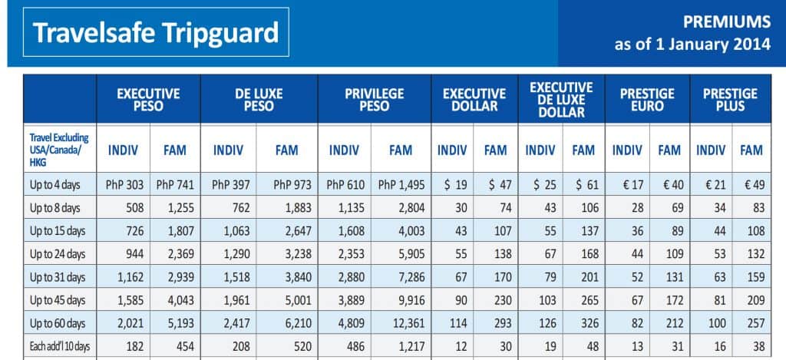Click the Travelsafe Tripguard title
(156, 34)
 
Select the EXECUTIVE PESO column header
(148, 100)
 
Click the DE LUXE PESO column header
(259, 100)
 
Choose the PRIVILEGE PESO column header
(374, 100)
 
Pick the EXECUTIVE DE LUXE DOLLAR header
(562, 100)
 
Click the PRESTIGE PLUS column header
(730, 100)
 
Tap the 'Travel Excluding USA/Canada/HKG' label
(59, 150)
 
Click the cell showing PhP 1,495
(401, 185)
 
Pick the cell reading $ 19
(452, 185)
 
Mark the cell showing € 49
(751, 185)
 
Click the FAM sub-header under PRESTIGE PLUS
(751, 150)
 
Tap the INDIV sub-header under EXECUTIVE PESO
(124, 150)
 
